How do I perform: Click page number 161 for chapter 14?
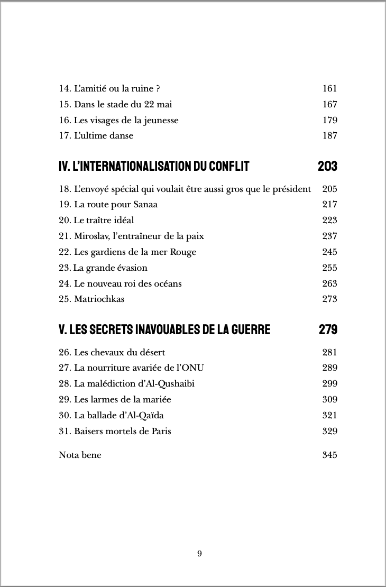(329, 89)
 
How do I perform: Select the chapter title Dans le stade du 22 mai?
(123, 105)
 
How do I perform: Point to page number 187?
(329, 136)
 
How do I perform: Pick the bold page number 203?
(327, 167)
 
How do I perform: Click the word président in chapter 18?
(290, 189)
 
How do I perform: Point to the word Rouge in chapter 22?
(183, 252)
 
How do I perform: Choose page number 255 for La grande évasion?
(329, 268)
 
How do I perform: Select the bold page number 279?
(328, 330)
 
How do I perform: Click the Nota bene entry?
(80, 455)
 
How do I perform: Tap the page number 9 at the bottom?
(199, 554)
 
